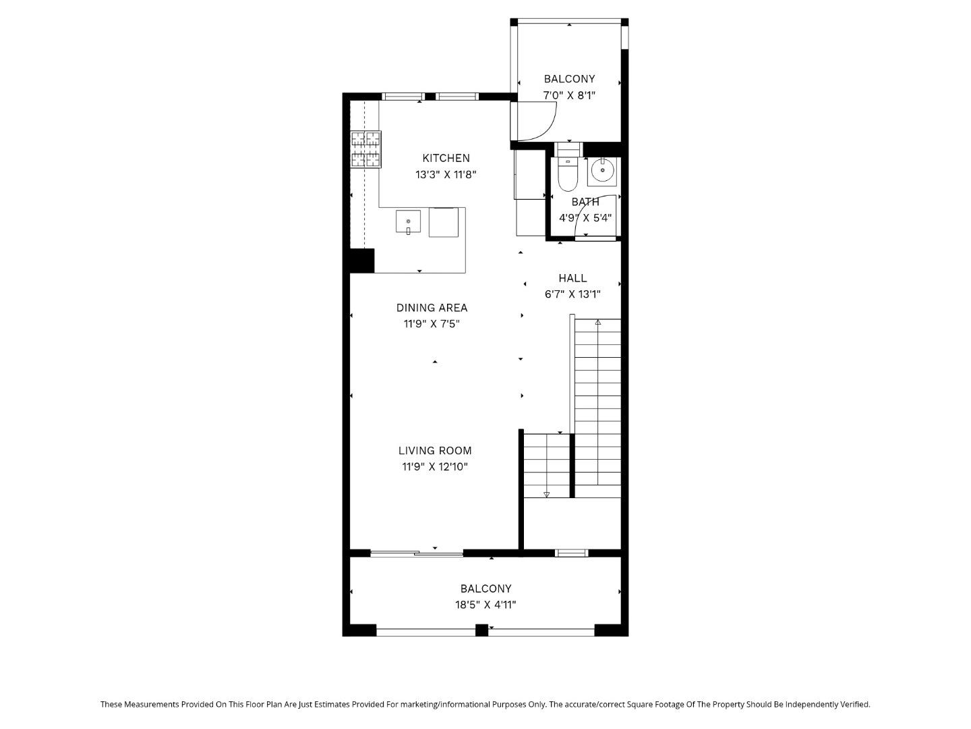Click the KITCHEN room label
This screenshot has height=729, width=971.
click(446, 158)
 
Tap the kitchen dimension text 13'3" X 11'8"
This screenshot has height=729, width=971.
click(446, 174)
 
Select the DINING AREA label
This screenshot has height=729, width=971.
click(432, 308)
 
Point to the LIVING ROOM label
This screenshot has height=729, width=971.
click(435, 451)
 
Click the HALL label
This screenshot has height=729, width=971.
click(572, 278)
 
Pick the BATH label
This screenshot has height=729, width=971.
click(585, 202)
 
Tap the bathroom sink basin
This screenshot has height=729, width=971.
click(602, 171)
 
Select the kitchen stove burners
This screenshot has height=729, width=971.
click(365, 149)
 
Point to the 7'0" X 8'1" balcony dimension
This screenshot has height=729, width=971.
click(569, 95)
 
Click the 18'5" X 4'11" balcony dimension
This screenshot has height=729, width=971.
click(486, 605)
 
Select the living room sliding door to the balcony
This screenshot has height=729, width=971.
click(417, 553)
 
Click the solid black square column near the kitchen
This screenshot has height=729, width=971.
click(361, 261)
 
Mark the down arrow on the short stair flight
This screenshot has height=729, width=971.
click(546, 495)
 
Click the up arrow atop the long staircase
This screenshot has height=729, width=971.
click(598, 323)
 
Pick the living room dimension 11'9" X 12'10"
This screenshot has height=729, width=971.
click(435, 467)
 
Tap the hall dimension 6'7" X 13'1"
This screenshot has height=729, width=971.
click(572, 294)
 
